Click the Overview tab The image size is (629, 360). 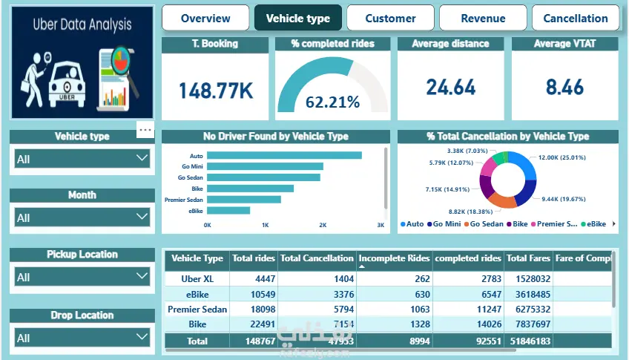(205, 18)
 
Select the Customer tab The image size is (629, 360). (390, 18)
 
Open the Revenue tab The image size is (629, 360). (483, 18)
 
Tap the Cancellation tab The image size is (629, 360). (576, 18)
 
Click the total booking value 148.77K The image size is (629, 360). (215, 91)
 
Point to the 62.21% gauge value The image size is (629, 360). (332, 102)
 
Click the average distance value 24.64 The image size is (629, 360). (451, 88)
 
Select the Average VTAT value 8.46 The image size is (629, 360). (564, 88)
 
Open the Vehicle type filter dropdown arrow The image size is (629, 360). (142, 158)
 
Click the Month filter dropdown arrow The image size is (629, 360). (142, 217)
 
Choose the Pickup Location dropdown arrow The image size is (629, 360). (142, 276)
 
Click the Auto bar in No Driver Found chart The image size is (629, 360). (284, 156)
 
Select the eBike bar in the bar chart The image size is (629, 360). (228, 211)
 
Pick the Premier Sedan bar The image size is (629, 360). (244, 200)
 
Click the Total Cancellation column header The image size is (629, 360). (317, 258)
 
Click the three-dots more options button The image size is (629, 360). (145, 130)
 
